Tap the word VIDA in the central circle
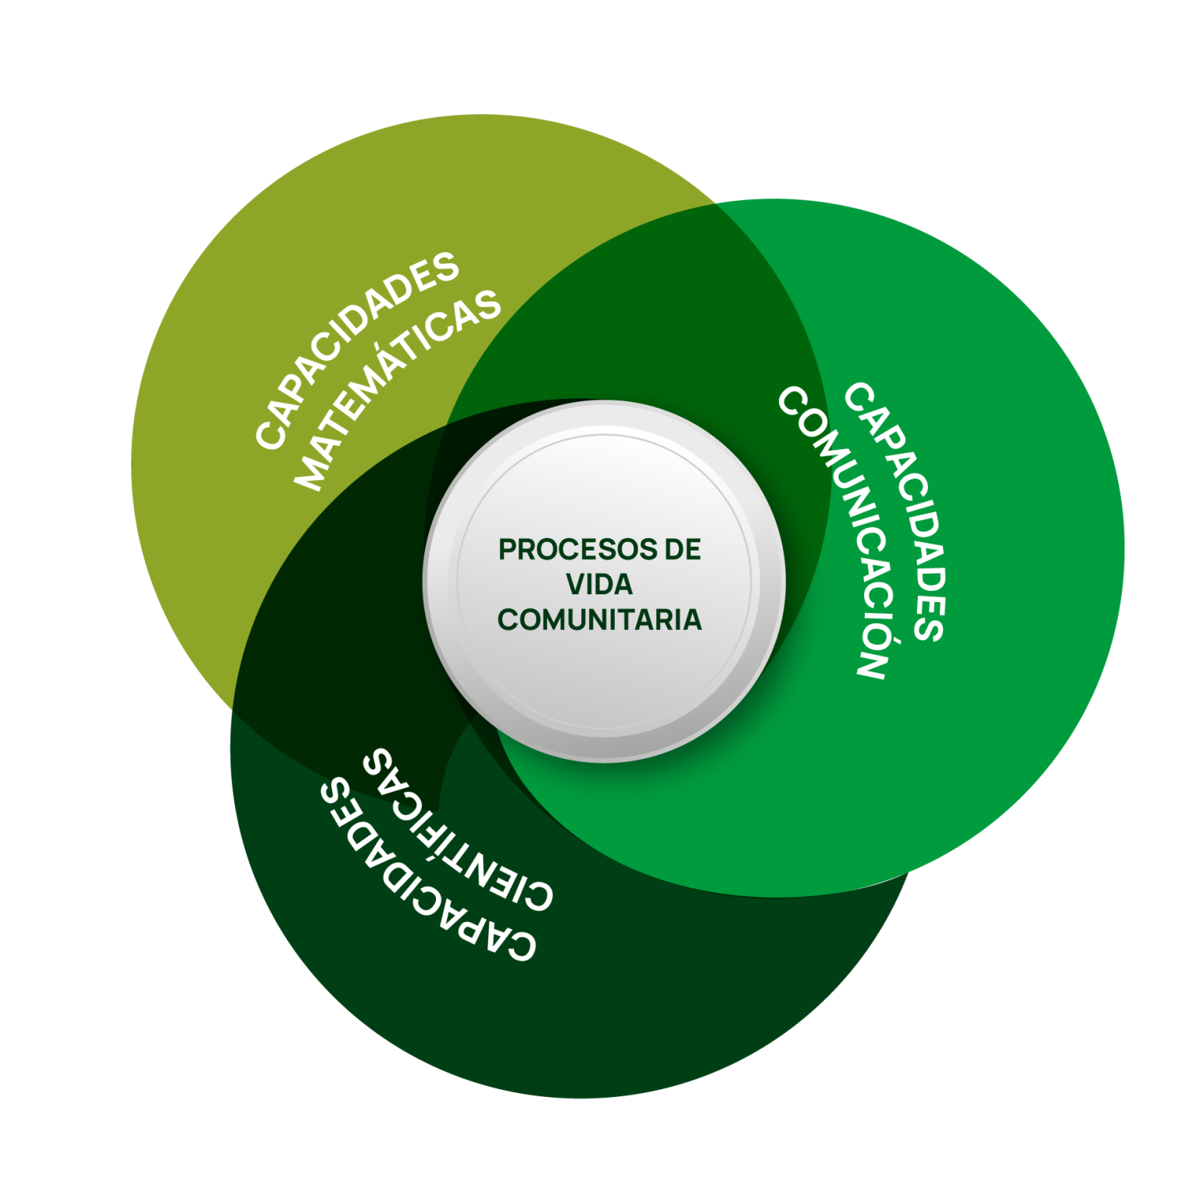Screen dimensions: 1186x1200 pos(599,584)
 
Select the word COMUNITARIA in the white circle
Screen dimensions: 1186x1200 pos(599,619)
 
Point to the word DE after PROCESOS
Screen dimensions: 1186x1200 pos(683,550)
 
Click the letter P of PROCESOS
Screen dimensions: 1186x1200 pos(507,550)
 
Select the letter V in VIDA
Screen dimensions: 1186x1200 pos(575,584)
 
